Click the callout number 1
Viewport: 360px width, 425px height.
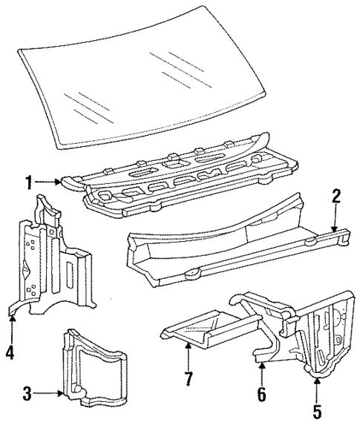(x=29, y=182)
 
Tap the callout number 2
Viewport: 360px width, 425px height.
(x=336, y=197)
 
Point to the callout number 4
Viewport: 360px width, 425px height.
(x=10, y=352)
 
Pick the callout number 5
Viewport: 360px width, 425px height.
(x=317, y=411)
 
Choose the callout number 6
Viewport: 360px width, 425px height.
(x=261, y=395)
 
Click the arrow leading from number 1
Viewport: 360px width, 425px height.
(x=48, y=182)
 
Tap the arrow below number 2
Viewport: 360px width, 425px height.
(x=336, y=219)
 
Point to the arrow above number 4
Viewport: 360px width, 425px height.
(x=12, y=329)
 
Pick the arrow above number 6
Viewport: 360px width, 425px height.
(x=261, y=375)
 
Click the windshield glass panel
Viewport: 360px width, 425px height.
(x=141, y=79)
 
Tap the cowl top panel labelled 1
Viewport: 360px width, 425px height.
(x=179, y=177)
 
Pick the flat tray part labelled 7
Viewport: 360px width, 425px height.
(x=212, y=329)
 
